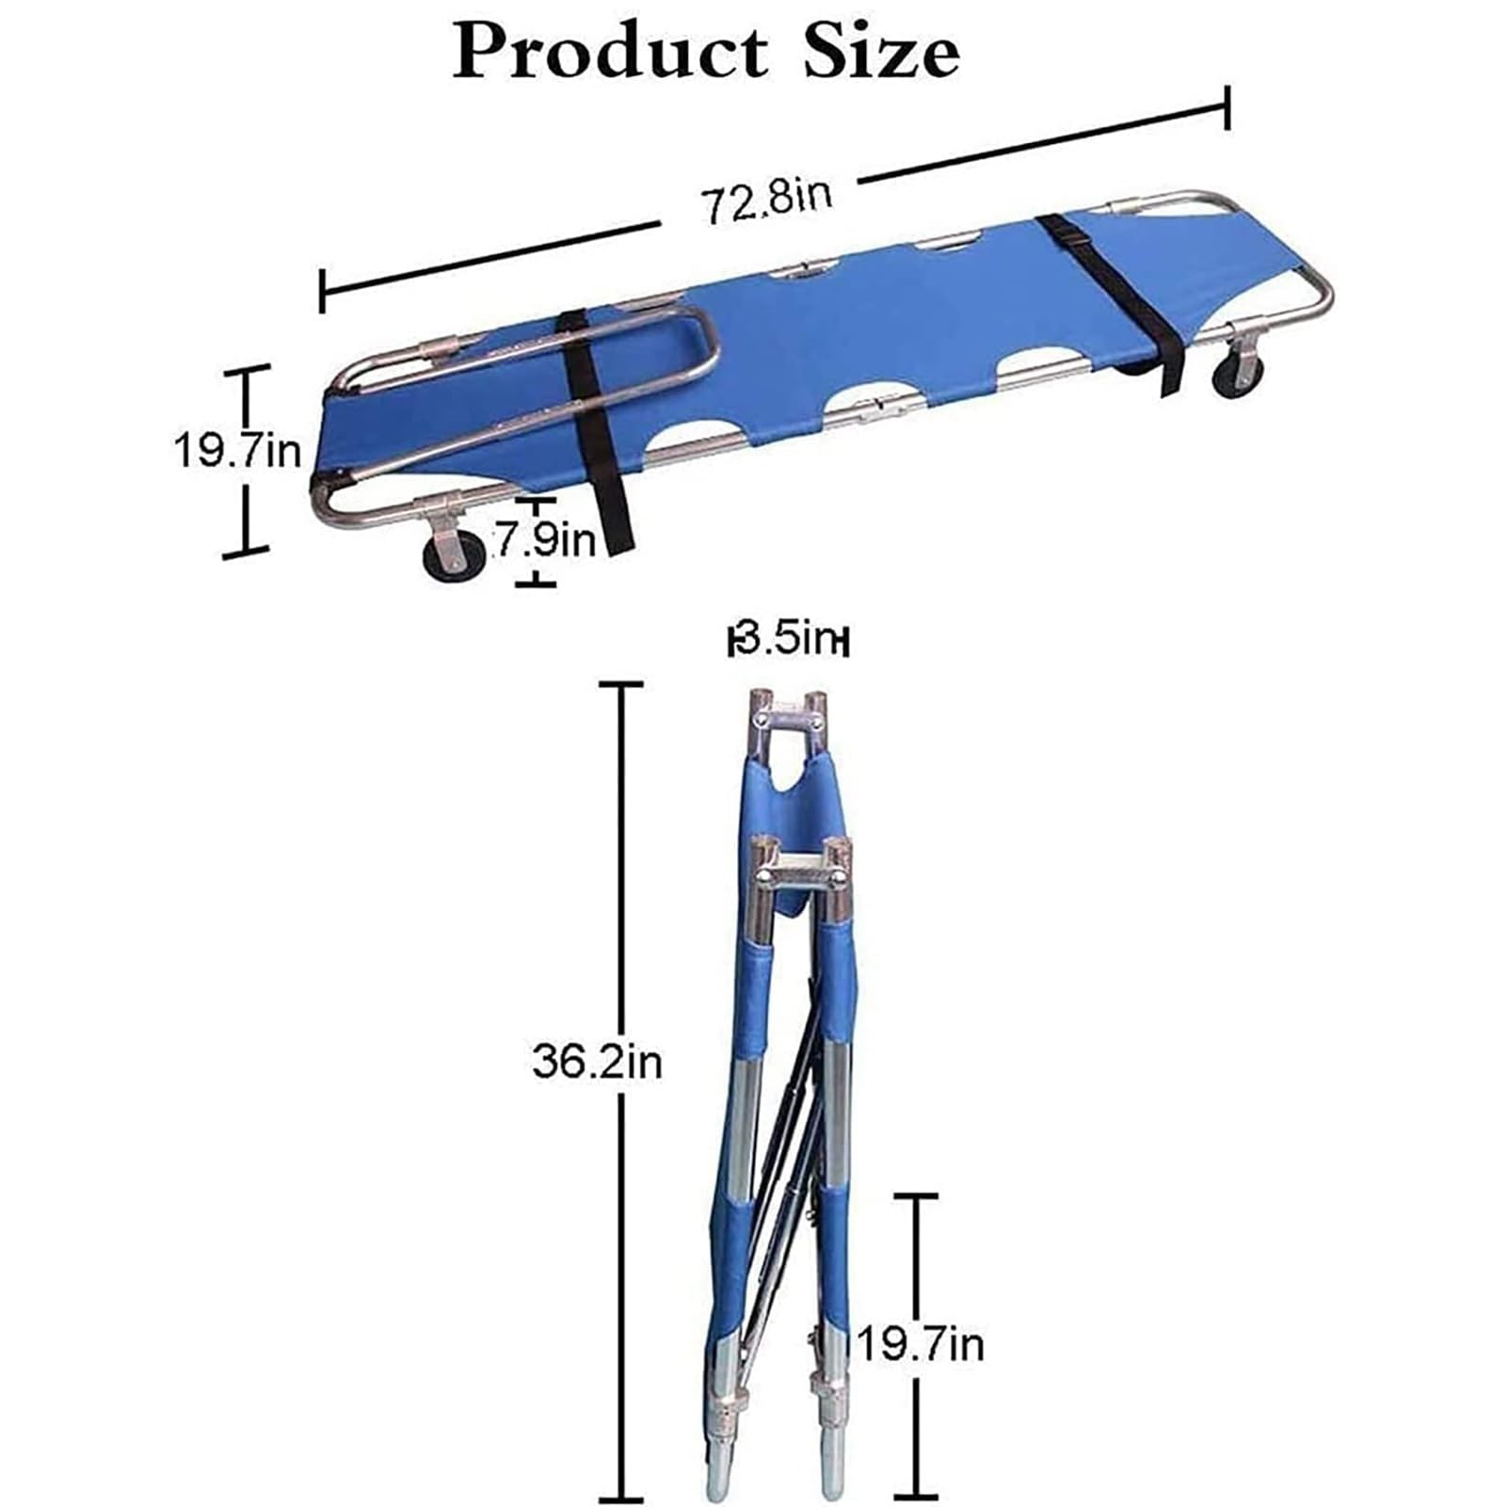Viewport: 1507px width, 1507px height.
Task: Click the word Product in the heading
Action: click(610, 52)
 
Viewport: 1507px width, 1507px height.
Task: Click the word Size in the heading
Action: click(881, 52)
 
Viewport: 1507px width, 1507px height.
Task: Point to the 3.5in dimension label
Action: click(789, 641)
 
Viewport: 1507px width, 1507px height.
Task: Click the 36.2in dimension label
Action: click(598, 1061)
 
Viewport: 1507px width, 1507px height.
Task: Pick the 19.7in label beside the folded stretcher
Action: click(919, 1343)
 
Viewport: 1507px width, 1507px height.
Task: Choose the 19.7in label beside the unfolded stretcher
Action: click(238, 452)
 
